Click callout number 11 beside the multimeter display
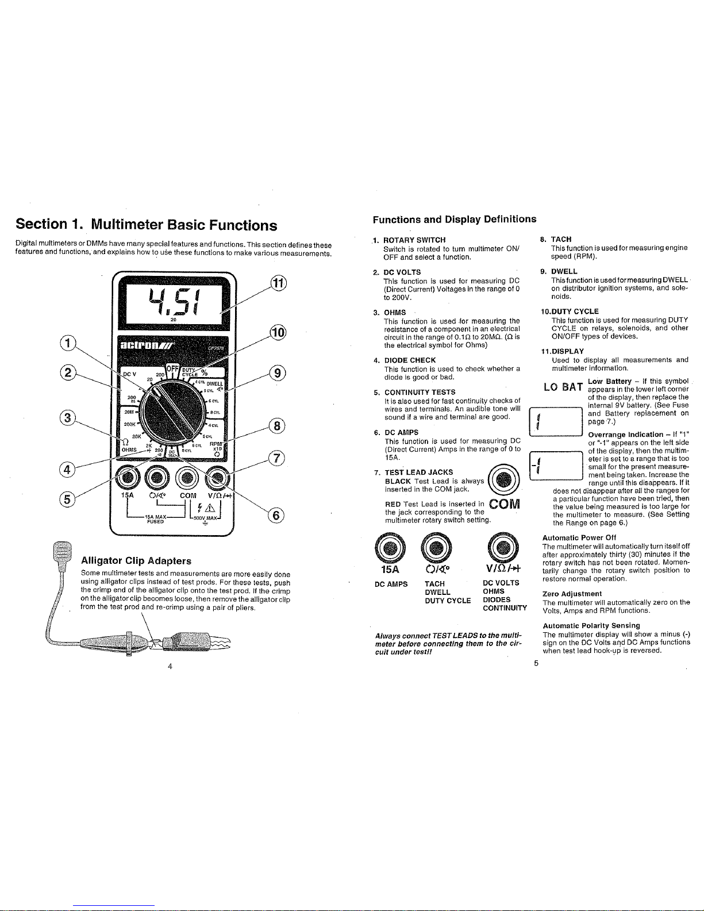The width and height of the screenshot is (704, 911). (x=278, y=283)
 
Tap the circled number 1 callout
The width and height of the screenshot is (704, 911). (x=68, y=343)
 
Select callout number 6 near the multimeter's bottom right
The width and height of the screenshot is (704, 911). (x=276, y=515)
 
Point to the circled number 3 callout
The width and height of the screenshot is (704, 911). (x=67, y=418)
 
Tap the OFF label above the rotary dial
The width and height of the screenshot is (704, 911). (x=172, y=368)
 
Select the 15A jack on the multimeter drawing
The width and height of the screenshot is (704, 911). (x=128, y=477)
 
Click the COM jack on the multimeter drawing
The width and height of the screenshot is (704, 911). (x=187, y=477)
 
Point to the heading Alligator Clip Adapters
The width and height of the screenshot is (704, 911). (x=136, y=561)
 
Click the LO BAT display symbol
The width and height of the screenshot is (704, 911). (x=563, y=387)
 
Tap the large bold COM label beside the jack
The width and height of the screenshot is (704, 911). (x=505, y=503)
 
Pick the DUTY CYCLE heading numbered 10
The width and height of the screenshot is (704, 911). (x=570, y=311)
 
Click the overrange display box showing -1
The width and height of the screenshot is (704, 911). (x=556, y=466)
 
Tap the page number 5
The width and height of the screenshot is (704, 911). (x=536, y=663)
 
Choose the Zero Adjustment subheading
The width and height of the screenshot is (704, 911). (x=572, y=594)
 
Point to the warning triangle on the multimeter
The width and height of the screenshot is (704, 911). (x=209, y=508)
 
